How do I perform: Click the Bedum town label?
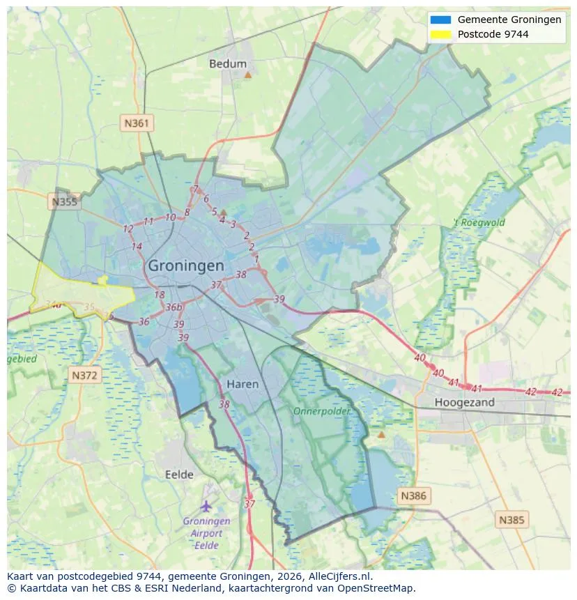(x=228, y=63)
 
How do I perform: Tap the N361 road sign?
(x=136, y=123)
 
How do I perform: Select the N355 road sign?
(x=64, y=202)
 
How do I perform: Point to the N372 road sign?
(x=86, y=376)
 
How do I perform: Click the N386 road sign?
(x=413, y=496)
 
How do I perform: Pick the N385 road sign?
(x=512, y=519)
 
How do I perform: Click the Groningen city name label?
(x=186, y=266)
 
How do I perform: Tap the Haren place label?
(x=243, y=384)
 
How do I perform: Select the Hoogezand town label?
(x=464, y=402)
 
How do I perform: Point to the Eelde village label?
(x=179, y=475)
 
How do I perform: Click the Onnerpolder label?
(x=321, y=411)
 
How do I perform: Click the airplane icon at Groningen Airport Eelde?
(x=206, y=505)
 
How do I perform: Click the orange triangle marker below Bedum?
(x=247, y=74)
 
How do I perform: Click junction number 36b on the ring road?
(x=174, y=307)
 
